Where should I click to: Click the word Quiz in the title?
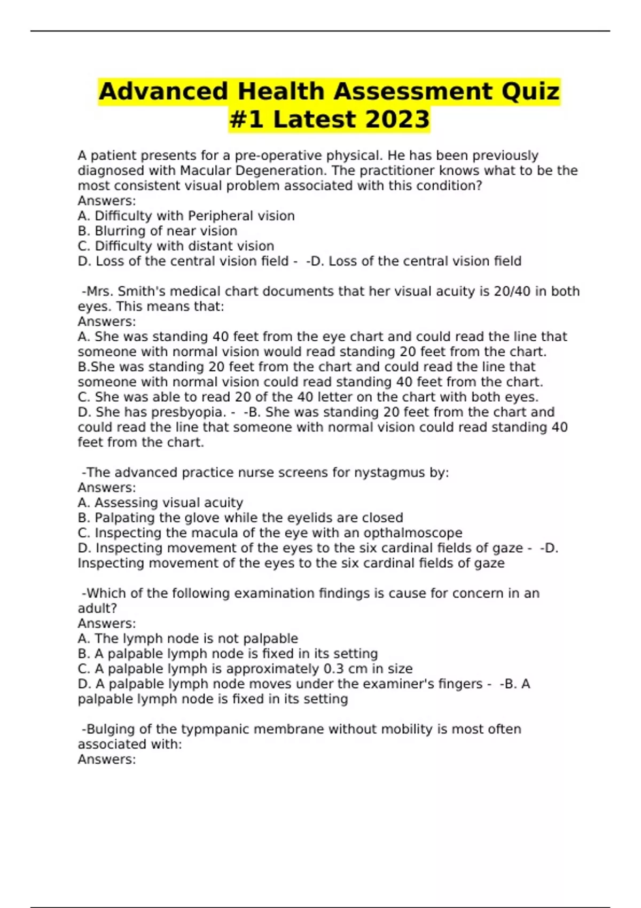530,91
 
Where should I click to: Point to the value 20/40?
513,292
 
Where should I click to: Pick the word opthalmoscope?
413,533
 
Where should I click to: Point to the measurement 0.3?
334,669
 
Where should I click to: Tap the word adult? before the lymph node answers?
97,608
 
